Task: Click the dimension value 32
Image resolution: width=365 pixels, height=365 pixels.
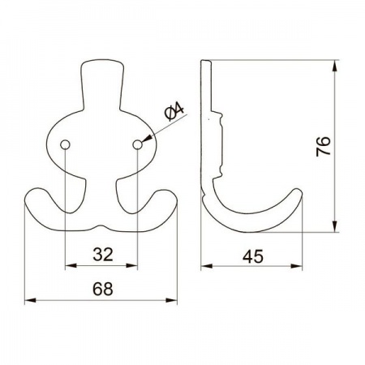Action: pyautogui.click(x=103, y=255)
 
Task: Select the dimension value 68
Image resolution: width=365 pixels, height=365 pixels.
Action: pyautogui.click(x=103, y=289)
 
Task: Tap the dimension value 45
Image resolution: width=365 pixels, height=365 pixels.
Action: pyautogui.click(x=253, y=256)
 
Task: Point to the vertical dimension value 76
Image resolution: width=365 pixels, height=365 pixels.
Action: pyautogui.click(x=324, y=146)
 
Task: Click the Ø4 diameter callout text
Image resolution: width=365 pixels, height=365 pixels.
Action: pyautogui.click(x=174, y=112)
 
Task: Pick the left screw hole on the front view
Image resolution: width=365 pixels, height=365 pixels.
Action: pyautogui.click(x=65, y=144)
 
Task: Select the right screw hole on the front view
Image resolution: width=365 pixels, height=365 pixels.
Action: pyautogui.click(x=137, y=144)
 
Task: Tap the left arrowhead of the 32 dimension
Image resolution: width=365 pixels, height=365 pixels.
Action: pyautogui.click(x=71, y=266)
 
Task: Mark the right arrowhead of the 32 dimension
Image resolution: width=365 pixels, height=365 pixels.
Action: pyautogui.click(x=131, y=266)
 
